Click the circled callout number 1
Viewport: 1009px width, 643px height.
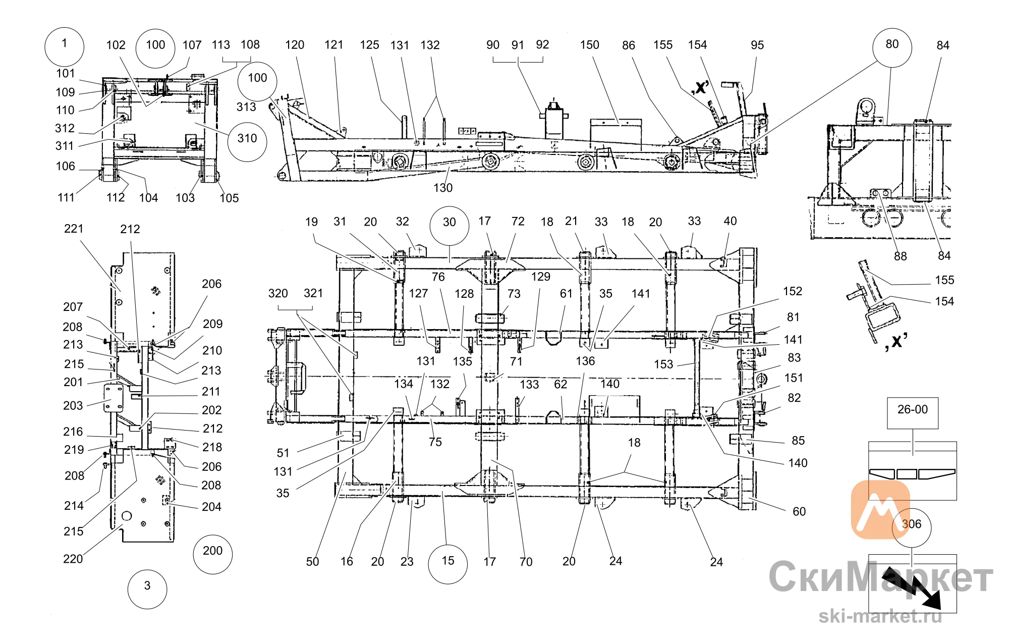click(64, 46)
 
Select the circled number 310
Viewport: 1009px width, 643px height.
click(247, 142)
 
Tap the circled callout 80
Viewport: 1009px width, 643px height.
click(892, 47)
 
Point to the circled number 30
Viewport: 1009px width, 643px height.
click(449, 226)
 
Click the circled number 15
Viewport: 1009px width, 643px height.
click(447, 564)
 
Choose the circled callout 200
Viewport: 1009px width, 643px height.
click(212, 554)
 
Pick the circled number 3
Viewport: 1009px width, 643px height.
click(147, 589)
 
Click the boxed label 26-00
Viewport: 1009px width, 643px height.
click(913, 413)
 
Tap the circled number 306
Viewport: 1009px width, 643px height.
click(911, 527)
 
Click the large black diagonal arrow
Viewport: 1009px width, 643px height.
click(912, 588)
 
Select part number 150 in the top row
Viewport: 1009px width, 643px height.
click(589, 45)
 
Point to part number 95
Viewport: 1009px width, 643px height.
click(757, 45)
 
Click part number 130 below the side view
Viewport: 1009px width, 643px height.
click(443, 188)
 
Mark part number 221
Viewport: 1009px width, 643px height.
click(74, 229)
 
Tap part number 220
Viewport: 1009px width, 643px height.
click(73, 559)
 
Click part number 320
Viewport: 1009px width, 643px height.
click(278, 293)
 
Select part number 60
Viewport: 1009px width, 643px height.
click(799, 511)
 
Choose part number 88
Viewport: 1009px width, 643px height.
click(900, 256)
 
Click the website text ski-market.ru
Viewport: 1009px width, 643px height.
click(880, 616)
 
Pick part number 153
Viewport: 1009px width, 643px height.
click(663, 364)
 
